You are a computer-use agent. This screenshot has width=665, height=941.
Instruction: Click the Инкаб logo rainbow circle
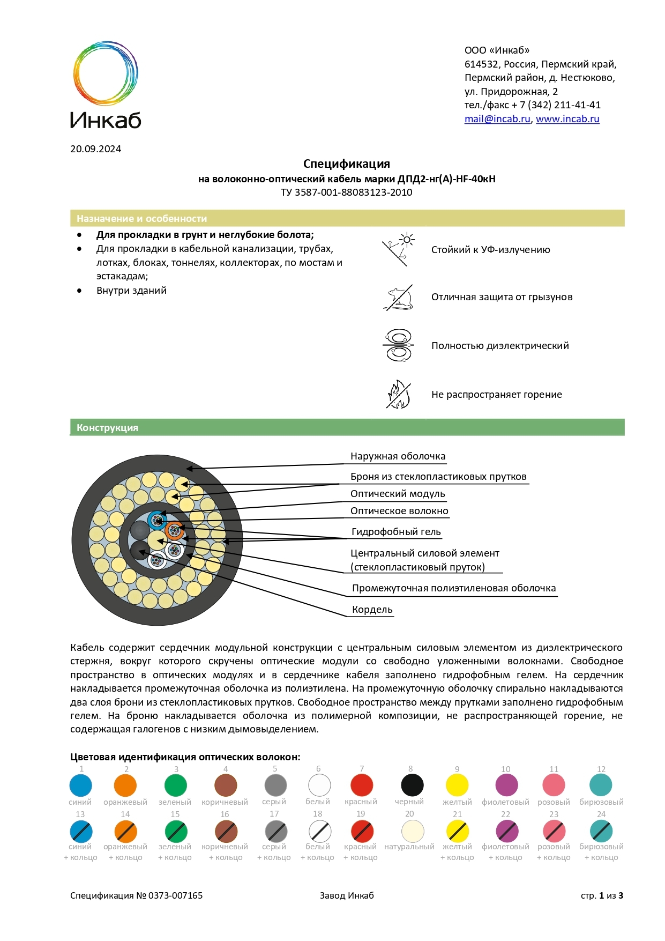(105, 73)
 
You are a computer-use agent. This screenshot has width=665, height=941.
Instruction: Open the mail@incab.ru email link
(497, 119)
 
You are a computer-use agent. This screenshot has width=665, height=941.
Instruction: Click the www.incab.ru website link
(567, 119)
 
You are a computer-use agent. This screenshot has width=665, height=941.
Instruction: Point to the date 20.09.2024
(95, 149)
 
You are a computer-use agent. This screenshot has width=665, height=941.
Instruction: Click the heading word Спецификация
(346, 164)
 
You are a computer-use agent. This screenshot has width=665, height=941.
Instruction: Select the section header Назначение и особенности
(141, 219)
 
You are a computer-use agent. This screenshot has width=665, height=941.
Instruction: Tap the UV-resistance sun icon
(399, 249)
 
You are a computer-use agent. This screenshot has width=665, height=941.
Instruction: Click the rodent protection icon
(399, 298)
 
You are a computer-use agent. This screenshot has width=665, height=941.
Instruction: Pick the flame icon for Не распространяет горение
(399, 395)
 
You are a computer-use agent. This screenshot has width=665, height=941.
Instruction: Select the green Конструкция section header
(107, 428)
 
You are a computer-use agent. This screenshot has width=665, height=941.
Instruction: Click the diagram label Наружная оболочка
(398, 456)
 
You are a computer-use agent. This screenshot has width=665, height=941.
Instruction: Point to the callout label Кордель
(372, 610)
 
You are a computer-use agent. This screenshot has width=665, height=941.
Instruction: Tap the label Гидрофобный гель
(396, 532)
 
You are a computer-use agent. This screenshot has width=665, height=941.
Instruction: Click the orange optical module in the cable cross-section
(174, 531)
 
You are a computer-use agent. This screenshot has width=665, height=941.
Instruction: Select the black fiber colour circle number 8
(412, 786)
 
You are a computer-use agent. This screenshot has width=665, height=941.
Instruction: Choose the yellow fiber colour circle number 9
(457, 786)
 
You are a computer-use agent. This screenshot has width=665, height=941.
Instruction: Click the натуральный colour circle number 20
(413, 832)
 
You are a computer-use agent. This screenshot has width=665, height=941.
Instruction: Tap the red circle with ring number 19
(362, 832)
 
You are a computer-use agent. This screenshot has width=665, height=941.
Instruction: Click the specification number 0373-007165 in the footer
(175, 895)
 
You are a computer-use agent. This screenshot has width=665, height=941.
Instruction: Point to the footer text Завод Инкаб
(347, 895)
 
